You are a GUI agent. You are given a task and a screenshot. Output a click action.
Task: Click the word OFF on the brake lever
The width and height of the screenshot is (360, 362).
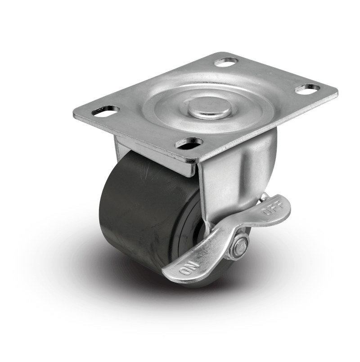point(272,208)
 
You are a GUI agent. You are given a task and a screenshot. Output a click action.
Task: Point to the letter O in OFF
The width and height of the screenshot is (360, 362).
point(265,212)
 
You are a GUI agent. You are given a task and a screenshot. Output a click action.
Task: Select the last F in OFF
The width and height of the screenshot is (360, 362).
point(279,204)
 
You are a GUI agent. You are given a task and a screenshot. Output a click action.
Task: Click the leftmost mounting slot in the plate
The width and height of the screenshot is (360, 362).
point(106,110)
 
